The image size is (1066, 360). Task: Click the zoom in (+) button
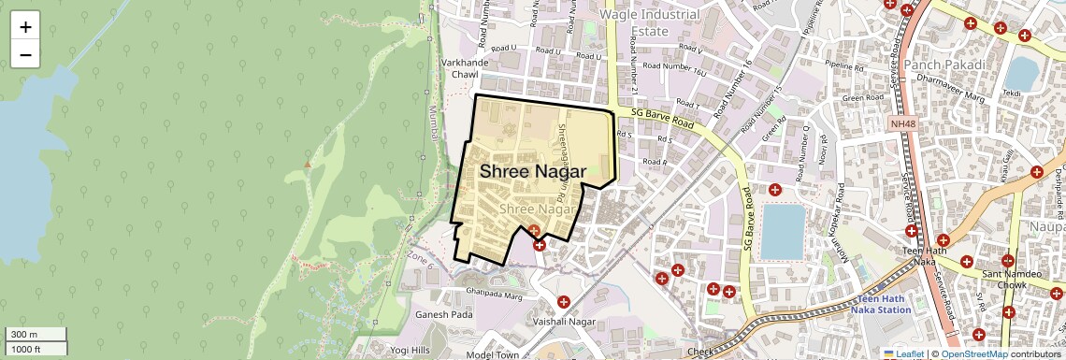coord(25,27)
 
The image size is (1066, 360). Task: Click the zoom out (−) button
coord(25,55)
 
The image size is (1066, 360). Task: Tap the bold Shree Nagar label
coord(533,172)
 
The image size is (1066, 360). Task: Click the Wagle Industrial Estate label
coord(650,22)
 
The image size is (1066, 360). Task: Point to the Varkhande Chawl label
coord(459,67)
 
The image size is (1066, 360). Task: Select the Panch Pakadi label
coord(944,65)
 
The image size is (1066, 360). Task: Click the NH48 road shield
coord(903,123)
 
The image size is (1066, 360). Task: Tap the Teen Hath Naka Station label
coord(882,304)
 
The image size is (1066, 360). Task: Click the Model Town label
coord(492,355)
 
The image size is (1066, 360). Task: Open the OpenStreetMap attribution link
coord(973,353)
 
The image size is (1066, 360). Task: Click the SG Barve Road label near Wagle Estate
coord(662,117)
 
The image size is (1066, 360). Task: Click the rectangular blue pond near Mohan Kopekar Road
coord(783,232)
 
